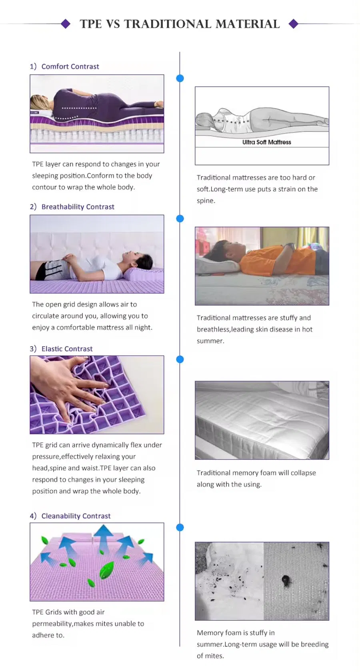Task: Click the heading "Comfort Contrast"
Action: click(x=70, y=66)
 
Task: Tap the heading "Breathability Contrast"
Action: click(x=78, y=207)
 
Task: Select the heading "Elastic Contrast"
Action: click(x=67, y=349)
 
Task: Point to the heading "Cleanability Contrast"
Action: click(x=76, y=516)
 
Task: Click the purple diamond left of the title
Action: click(x=66, y=24)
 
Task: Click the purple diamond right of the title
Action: click(x=294, y=24)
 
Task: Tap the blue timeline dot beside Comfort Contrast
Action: click(x=180, y=78)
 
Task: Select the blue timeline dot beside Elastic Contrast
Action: click(x=180, y=359)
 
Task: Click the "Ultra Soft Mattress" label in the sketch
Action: click(x=266, y=142)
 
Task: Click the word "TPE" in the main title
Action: click(x=91, y=24)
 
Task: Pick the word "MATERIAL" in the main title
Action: click(x=248, y=24)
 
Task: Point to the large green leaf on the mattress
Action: click(x=106, y=570)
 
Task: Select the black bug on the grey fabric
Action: click(x=286, y=580)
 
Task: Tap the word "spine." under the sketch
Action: click(x=206, y=201)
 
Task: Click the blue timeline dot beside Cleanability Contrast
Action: click(x=180, y=528)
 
